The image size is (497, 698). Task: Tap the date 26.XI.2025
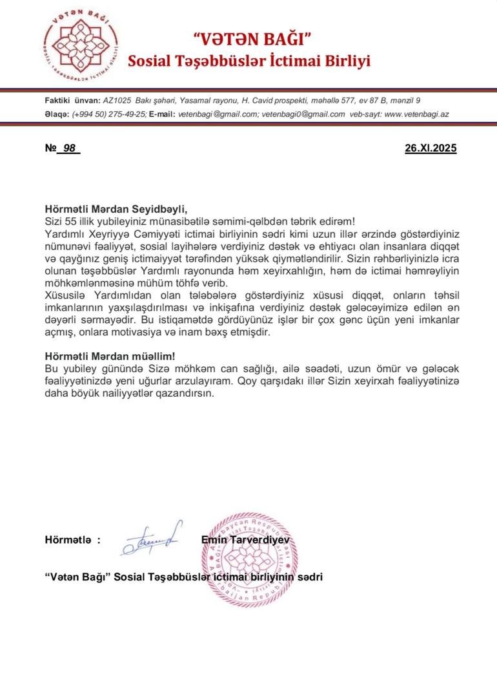coord(431,148)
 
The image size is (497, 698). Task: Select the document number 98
coord(69,148)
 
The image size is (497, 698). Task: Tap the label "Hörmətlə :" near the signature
coord(72,540)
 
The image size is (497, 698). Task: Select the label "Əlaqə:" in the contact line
coord(57,114)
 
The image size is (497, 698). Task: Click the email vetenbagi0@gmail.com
coord(302,114)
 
